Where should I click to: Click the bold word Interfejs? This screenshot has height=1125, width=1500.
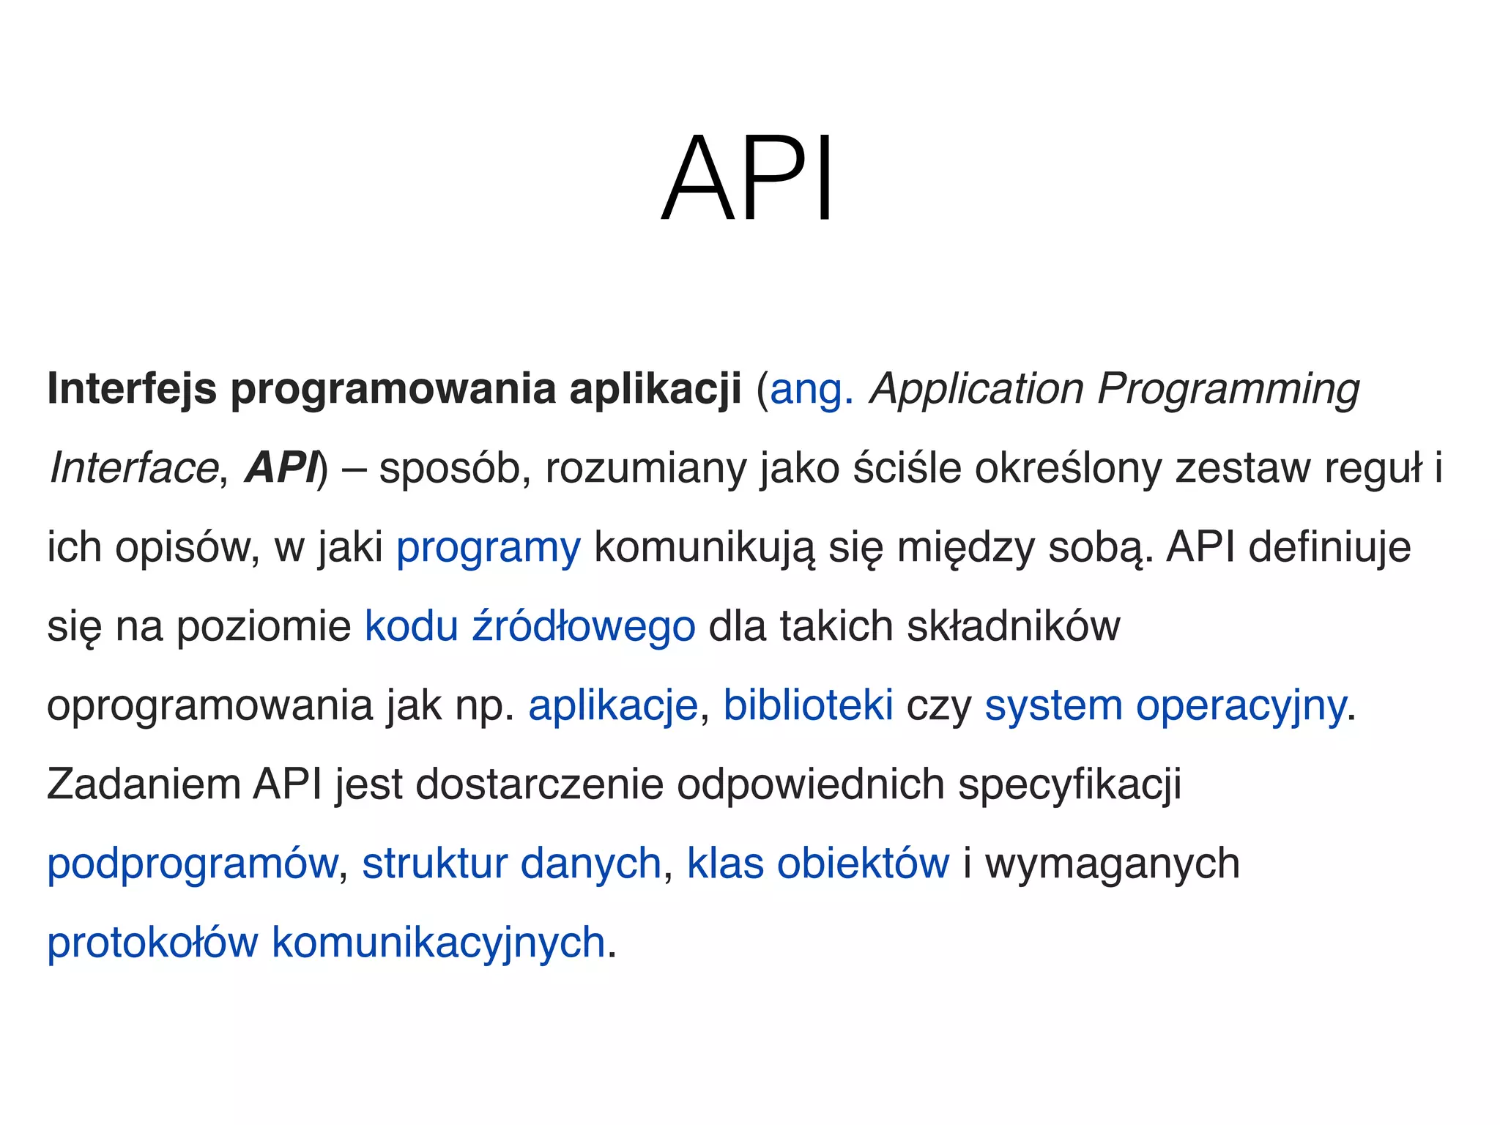[132, 388]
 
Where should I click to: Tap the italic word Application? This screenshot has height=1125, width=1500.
[976, 390]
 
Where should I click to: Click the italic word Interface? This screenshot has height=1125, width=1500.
[134, 468]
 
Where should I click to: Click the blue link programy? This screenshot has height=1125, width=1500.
[489, 548]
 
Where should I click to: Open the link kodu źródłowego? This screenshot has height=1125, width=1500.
[530, 627]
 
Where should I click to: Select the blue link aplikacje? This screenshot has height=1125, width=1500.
[613, 706]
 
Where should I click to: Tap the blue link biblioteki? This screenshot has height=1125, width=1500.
[808, 705]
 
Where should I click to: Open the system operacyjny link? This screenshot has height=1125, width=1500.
[1165, 706]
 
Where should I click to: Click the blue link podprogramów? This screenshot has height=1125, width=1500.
[193, 864]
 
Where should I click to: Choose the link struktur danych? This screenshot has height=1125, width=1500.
[512, 864]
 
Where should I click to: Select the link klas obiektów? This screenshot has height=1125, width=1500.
[818, 864]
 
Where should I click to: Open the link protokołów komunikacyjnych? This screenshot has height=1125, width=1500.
[326, 943]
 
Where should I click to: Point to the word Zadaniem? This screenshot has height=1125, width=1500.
[144, 784]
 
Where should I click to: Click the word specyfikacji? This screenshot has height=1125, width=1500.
[1070, 785]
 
